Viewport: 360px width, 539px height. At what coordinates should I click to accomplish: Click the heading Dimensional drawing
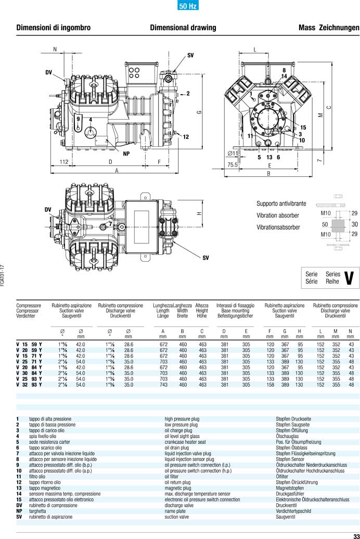180,27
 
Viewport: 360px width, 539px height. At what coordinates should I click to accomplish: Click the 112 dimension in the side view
63,162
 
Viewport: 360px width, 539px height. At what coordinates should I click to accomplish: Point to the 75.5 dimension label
232,164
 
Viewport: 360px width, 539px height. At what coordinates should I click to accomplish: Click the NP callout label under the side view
126,153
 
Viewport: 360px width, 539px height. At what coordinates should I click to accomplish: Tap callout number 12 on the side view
186,136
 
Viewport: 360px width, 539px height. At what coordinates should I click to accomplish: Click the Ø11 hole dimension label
233,153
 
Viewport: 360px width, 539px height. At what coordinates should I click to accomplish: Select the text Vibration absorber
278,215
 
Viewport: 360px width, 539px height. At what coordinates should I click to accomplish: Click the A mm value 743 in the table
163,385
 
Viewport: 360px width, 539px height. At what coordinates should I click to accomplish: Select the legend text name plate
176,511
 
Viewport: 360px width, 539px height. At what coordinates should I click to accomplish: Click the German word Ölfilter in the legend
282,476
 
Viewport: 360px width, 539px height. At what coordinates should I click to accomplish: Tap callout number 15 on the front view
303,127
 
